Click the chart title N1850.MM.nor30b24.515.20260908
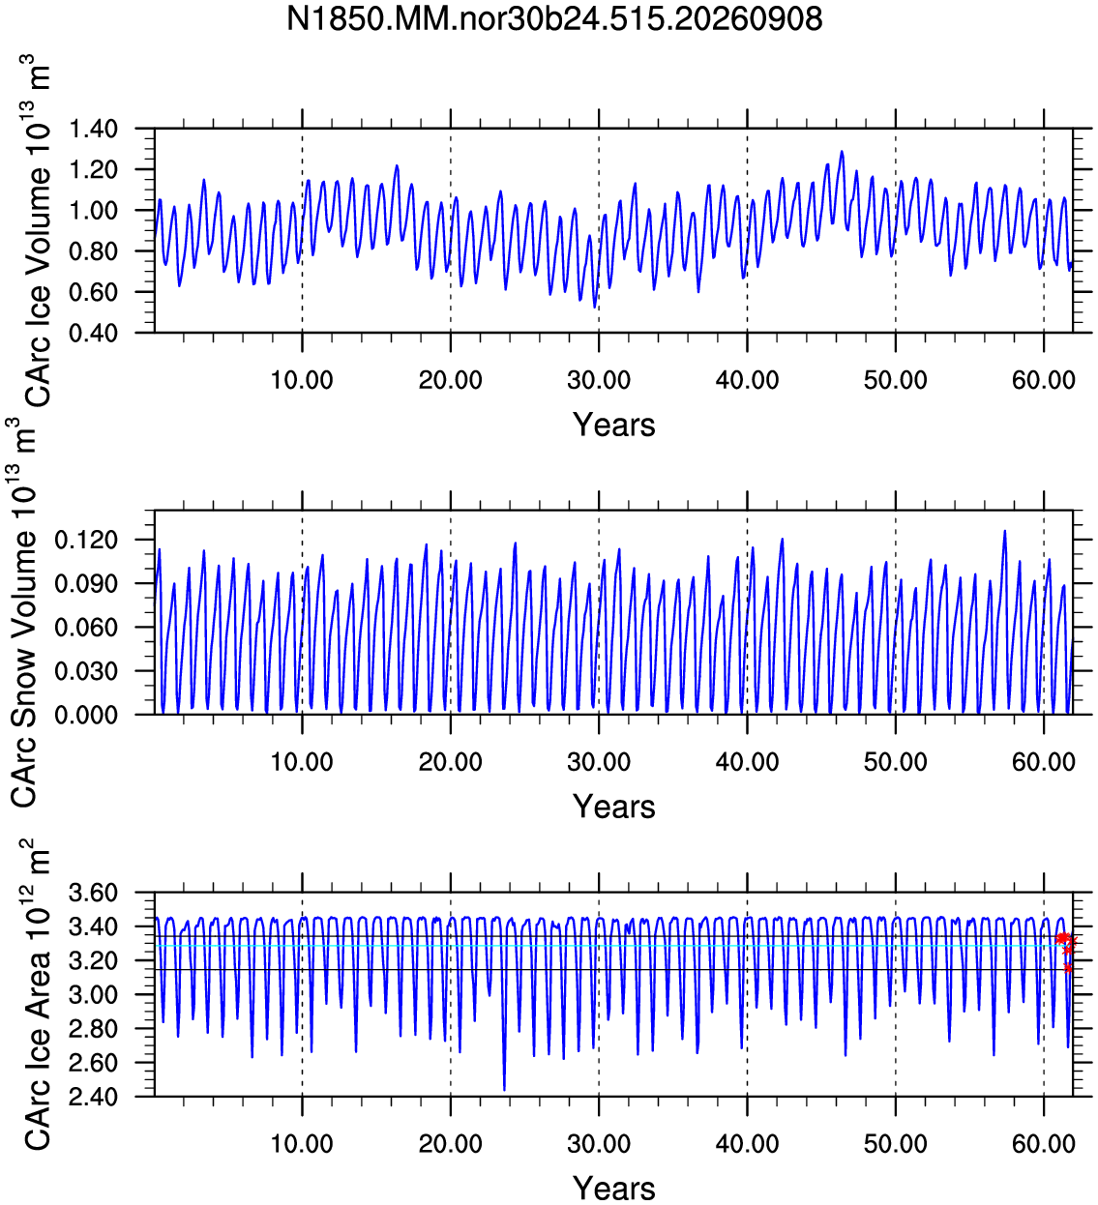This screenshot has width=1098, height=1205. [x=553, y=19]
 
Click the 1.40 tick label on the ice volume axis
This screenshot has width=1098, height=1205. [x=93, y=129]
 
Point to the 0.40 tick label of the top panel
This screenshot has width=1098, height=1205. [x=93, y=333]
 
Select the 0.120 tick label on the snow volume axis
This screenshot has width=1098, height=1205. [x=86, y=540]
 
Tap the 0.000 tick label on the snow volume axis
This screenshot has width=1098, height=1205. [x=86, y=715]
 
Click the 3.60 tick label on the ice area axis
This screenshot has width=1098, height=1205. [x=93, y=893]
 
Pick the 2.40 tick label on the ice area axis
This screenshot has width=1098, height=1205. [x=93, y=1097]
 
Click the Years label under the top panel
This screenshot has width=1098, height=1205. [x=613, y=425]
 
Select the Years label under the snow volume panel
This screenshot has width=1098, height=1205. [x=613, y=807]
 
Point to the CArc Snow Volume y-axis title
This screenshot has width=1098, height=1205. [x=24, y=613]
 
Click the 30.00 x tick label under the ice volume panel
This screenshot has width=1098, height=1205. [x=599, y=380]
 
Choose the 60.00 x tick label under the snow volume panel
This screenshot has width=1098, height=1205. [x=1044, y=762]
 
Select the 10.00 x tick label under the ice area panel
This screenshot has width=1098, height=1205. [x=302, y=1143]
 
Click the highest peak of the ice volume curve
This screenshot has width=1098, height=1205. [x=842, y=152]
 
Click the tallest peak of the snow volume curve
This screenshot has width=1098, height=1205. [x=1004, y=531]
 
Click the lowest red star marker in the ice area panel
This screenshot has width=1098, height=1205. [x=1067, y=968]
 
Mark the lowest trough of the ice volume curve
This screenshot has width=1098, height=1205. [x=595, y=308]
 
